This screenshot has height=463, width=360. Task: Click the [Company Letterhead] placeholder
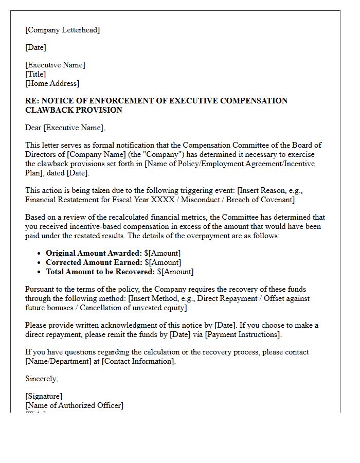[x=62, y=30]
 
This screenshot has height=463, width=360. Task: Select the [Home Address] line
[x=52, y=83]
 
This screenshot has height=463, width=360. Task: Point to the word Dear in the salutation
[x=33, y=128]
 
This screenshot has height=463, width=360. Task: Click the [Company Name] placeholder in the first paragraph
[x=94, y=154]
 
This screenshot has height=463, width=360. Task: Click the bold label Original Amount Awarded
[x=94, y=253]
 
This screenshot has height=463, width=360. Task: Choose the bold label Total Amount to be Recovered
[x=100, y=272]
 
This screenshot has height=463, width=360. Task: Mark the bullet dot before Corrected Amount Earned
[x=39, y=263]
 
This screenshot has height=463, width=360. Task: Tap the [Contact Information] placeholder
[x=138, y=361]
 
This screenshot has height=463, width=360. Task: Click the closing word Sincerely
[x=41, y=379]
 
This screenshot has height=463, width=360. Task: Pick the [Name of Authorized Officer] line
[x=74, y=405]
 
